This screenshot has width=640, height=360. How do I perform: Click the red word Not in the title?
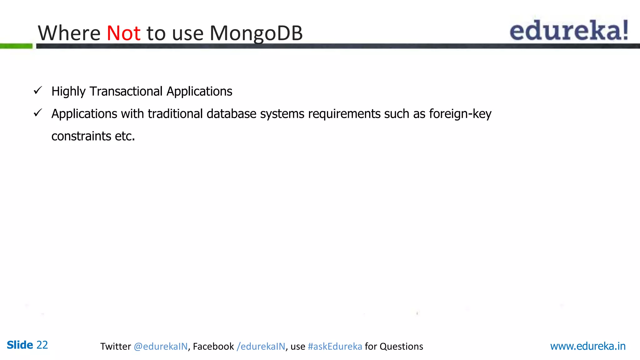coord(123,33)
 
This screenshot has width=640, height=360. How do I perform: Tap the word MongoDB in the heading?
coord(256,33)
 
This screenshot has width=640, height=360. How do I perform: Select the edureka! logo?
coord(569,30)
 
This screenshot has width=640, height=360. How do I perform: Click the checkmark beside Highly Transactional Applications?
coord(38,91)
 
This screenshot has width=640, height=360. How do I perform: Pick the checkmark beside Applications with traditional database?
coord(38,113)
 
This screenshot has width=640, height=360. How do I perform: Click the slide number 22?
coord(42,345)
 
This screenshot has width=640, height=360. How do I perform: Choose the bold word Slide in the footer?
coord(20,345)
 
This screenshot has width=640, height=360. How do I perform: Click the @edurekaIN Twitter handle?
coord(161,346)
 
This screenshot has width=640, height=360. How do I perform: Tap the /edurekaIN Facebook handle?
coord(261,346)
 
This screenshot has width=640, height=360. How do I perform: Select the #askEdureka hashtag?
coord(335,346)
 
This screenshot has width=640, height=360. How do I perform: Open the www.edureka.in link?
coord(587,346)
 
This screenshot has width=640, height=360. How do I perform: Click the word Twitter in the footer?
coord(115,346)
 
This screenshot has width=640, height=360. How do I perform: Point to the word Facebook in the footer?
coord(213,346)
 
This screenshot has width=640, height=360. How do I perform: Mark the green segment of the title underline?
coord(16,46)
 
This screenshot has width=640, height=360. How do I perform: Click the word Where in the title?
coord(69,33)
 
